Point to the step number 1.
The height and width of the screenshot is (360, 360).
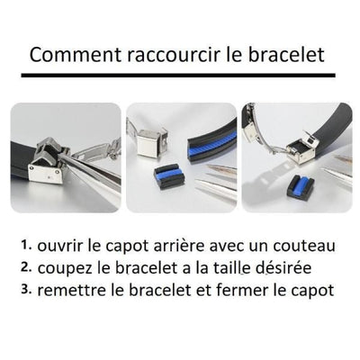24,244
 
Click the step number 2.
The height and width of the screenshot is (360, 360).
24,266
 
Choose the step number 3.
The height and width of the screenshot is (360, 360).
24,290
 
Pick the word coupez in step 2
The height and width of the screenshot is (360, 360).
68,267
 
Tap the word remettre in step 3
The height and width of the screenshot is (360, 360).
80,290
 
